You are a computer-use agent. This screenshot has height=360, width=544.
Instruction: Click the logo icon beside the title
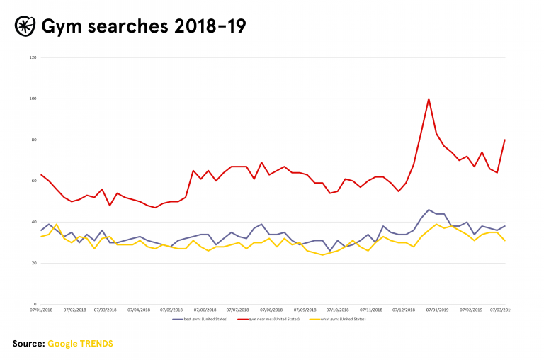[x=25, y=26]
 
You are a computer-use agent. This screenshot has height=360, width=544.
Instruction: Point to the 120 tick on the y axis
[x=33, y=57]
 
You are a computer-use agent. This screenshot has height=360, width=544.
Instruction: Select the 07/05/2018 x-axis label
[x=172, y=310]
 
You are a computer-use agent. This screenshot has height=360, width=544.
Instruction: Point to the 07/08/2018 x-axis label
[x=271, y=310]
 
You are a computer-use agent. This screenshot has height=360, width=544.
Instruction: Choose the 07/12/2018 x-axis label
[x=404, y=310]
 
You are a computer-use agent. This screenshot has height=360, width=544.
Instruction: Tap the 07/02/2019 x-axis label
[x=471, y=310]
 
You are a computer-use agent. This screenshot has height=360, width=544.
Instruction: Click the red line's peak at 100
[x=429, y=99]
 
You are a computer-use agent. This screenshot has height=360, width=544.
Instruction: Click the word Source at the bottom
[x=28, y=344]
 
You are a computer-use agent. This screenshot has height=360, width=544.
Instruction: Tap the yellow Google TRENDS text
[x=80, y=344]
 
